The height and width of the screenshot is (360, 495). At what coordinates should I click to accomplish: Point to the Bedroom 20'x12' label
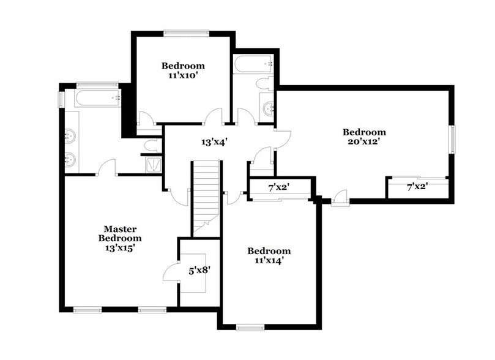pyautogui.click(x=364, y=137)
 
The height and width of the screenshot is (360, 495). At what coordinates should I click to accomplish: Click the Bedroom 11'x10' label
pyautogui.click(x=183, y=70)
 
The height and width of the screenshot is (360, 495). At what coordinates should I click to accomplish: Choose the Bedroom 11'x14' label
pyautogui.click(x=269, y=255)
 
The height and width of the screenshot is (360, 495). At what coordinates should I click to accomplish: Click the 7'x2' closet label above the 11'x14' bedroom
pyautogui.click(x=278, y=187)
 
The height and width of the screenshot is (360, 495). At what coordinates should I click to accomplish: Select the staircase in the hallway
pyautogui.click(x=206, y=195)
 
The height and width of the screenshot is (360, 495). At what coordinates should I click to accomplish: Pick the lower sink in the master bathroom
pyautogui.click(x=70, y=160)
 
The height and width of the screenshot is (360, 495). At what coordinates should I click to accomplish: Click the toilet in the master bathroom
pyautogui.click(x=150, y=146)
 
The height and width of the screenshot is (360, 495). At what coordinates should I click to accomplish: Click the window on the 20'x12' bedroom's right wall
pyautogui.click(x=453, y=140)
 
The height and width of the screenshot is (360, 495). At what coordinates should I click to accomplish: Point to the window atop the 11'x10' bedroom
pyautogui.click(x=184, y=32)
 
